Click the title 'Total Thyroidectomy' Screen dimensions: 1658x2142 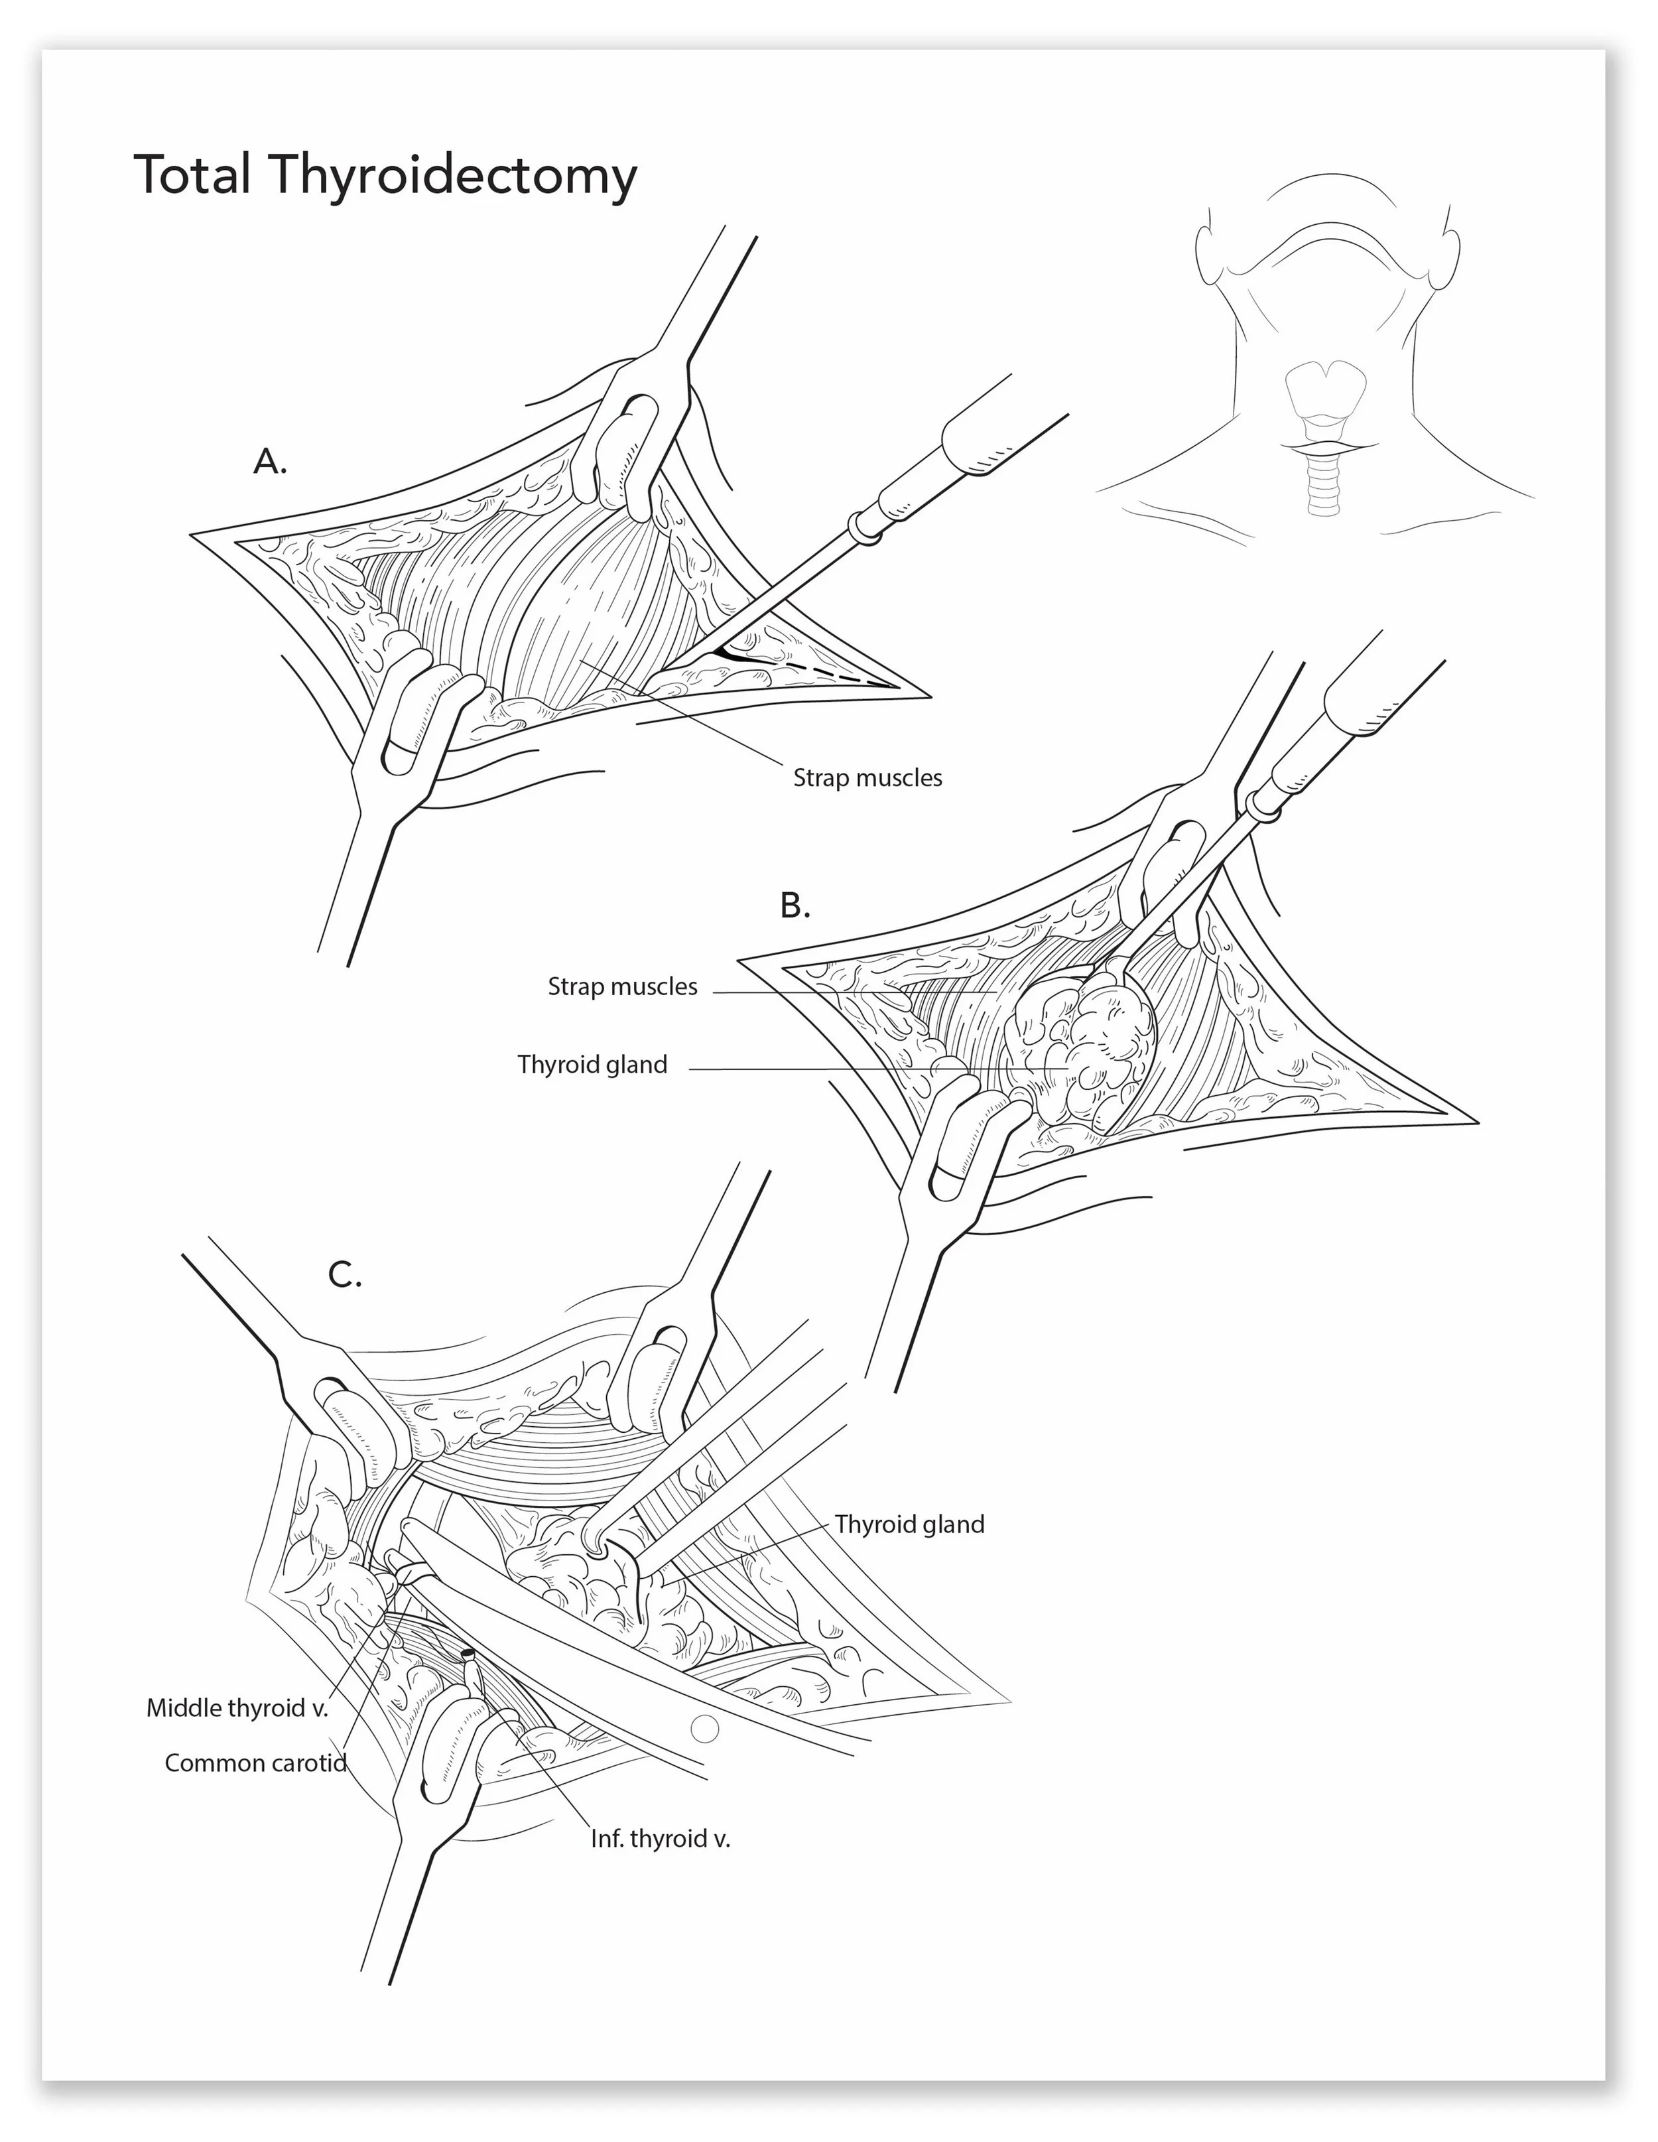coord(385,176)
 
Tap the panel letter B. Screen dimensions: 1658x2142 coord(795,905)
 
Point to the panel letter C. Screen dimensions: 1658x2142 coord(344,1275)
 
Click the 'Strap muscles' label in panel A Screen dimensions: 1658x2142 coord(867,777)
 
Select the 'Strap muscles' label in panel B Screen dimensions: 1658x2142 coord(621,986)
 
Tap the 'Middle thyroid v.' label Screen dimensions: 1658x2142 coord(237,1707)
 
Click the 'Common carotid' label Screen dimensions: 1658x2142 coord(255,1763)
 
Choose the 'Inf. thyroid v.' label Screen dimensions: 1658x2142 coord(660,1838)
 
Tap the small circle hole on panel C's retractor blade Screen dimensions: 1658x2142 coord(704,1728)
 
